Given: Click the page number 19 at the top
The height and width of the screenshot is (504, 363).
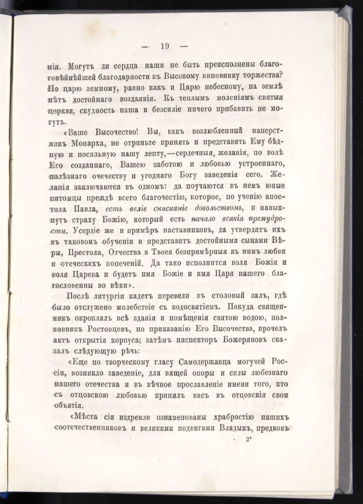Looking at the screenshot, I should (165, 46).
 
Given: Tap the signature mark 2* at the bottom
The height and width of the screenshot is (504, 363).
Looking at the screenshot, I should (249, 440).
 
